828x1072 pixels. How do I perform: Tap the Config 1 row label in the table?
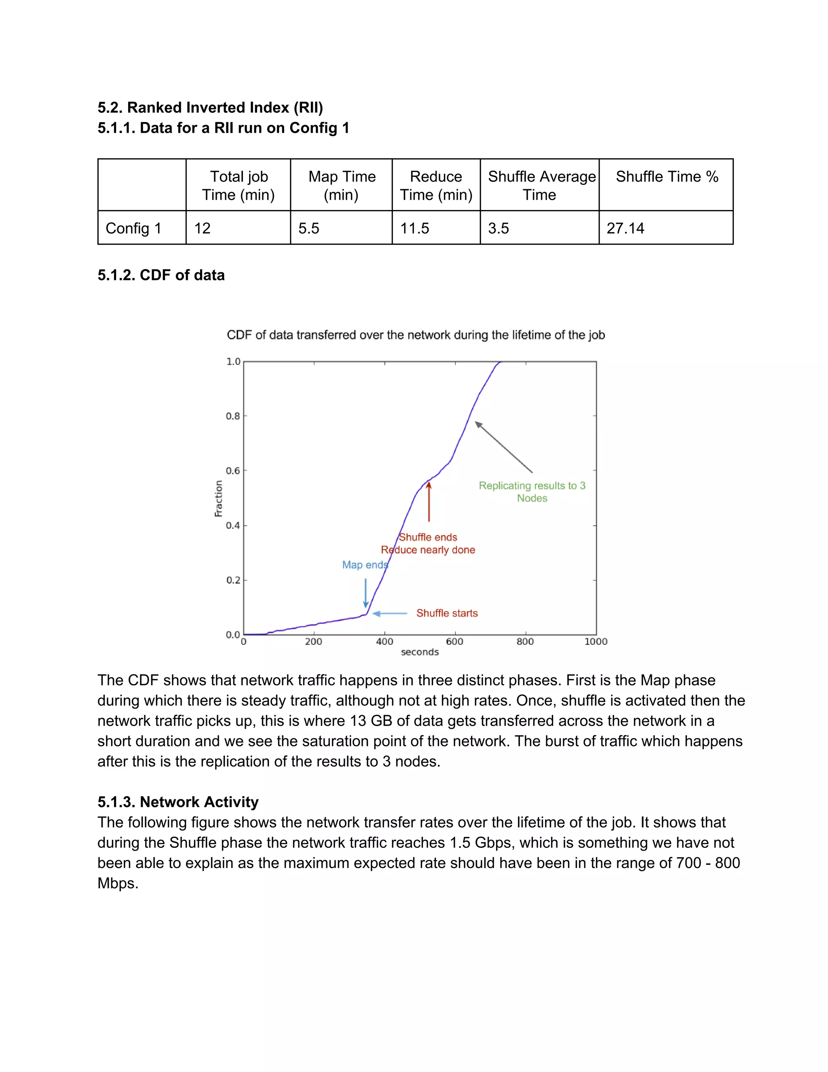coord(133,228)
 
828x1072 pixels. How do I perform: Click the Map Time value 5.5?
coord(308,228)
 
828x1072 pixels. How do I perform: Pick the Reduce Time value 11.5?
coord(414,228)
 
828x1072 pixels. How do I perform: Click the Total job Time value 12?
coord(202,228)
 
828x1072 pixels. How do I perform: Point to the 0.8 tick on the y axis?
coord(233,416)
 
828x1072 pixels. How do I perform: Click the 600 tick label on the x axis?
coord(455,642)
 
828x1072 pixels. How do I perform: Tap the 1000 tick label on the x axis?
coord(596,642)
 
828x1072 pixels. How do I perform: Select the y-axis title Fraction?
coord(219,498)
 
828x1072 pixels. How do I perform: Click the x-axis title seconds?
coord(420,653)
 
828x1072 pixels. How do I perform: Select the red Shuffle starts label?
coord(447,613)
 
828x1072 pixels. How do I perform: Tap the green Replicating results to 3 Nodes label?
coord(532,492)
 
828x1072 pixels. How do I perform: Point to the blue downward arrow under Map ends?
coord(366,593)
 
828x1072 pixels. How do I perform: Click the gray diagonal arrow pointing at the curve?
coord(503,447)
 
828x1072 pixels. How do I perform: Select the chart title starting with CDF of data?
coord(416,335)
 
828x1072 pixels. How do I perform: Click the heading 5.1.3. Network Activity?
coord(178,802)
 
